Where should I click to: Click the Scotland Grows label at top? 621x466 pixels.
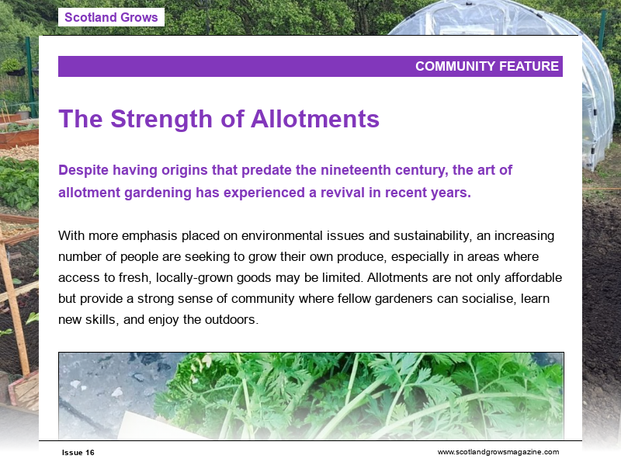click(x=111, y=17)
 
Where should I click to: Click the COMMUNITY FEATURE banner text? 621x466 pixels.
click(x=487, y=67)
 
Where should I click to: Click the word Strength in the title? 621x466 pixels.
click(x=172, y=119)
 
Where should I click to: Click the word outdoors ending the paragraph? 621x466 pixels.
click(x=231, y=319)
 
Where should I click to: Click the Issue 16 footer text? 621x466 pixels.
click(x=78, y=453)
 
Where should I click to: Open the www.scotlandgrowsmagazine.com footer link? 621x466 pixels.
click(x=498, y=452)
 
